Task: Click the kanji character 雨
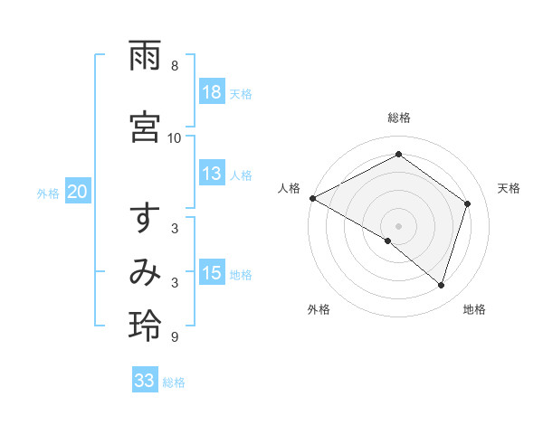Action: tap(146, 57)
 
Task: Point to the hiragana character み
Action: tap(146, 272)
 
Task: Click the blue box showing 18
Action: tap(212, 93)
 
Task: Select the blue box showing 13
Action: tap(212, 175)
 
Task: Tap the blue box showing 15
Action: tap(212, 274)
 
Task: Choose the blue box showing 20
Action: tap(78, 192)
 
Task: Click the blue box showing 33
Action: tap(145, 381)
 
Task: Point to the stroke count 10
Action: tap(175, 137)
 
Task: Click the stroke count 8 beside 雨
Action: tap(175, 66)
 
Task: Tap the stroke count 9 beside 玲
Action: tap(175, 337)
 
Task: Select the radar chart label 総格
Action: tap(399, 118)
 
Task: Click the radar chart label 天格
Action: tap(509, 188)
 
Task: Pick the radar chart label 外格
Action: tap(319, 310)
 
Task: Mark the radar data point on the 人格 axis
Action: tap(312, 198)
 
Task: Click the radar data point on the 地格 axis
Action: tap(442, 285)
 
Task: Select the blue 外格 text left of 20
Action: tap(48, 193)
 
